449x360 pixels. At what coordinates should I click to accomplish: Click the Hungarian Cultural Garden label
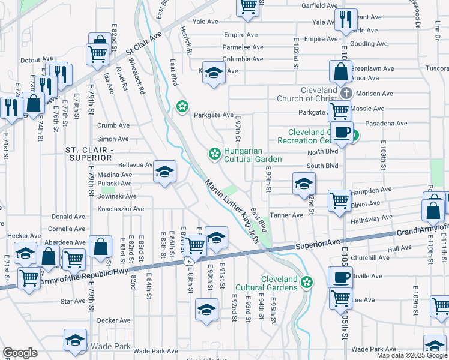tap(252, 155)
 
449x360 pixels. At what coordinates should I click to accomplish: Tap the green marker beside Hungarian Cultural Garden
tap(213, 155)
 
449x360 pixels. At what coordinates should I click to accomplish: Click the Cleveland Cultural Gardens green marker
tap(307, 281)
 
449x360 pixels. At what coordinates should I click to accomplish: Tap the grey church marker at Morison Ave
tap(346, 94)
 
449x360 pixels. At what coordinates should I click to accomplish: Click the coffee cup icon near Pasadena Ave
tap(342, 133)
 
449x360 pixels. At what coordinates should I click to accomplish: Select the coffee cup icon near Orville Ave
tap(341, 277)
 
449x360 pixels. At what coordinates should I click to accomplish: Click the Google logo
tap(20, 353)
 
